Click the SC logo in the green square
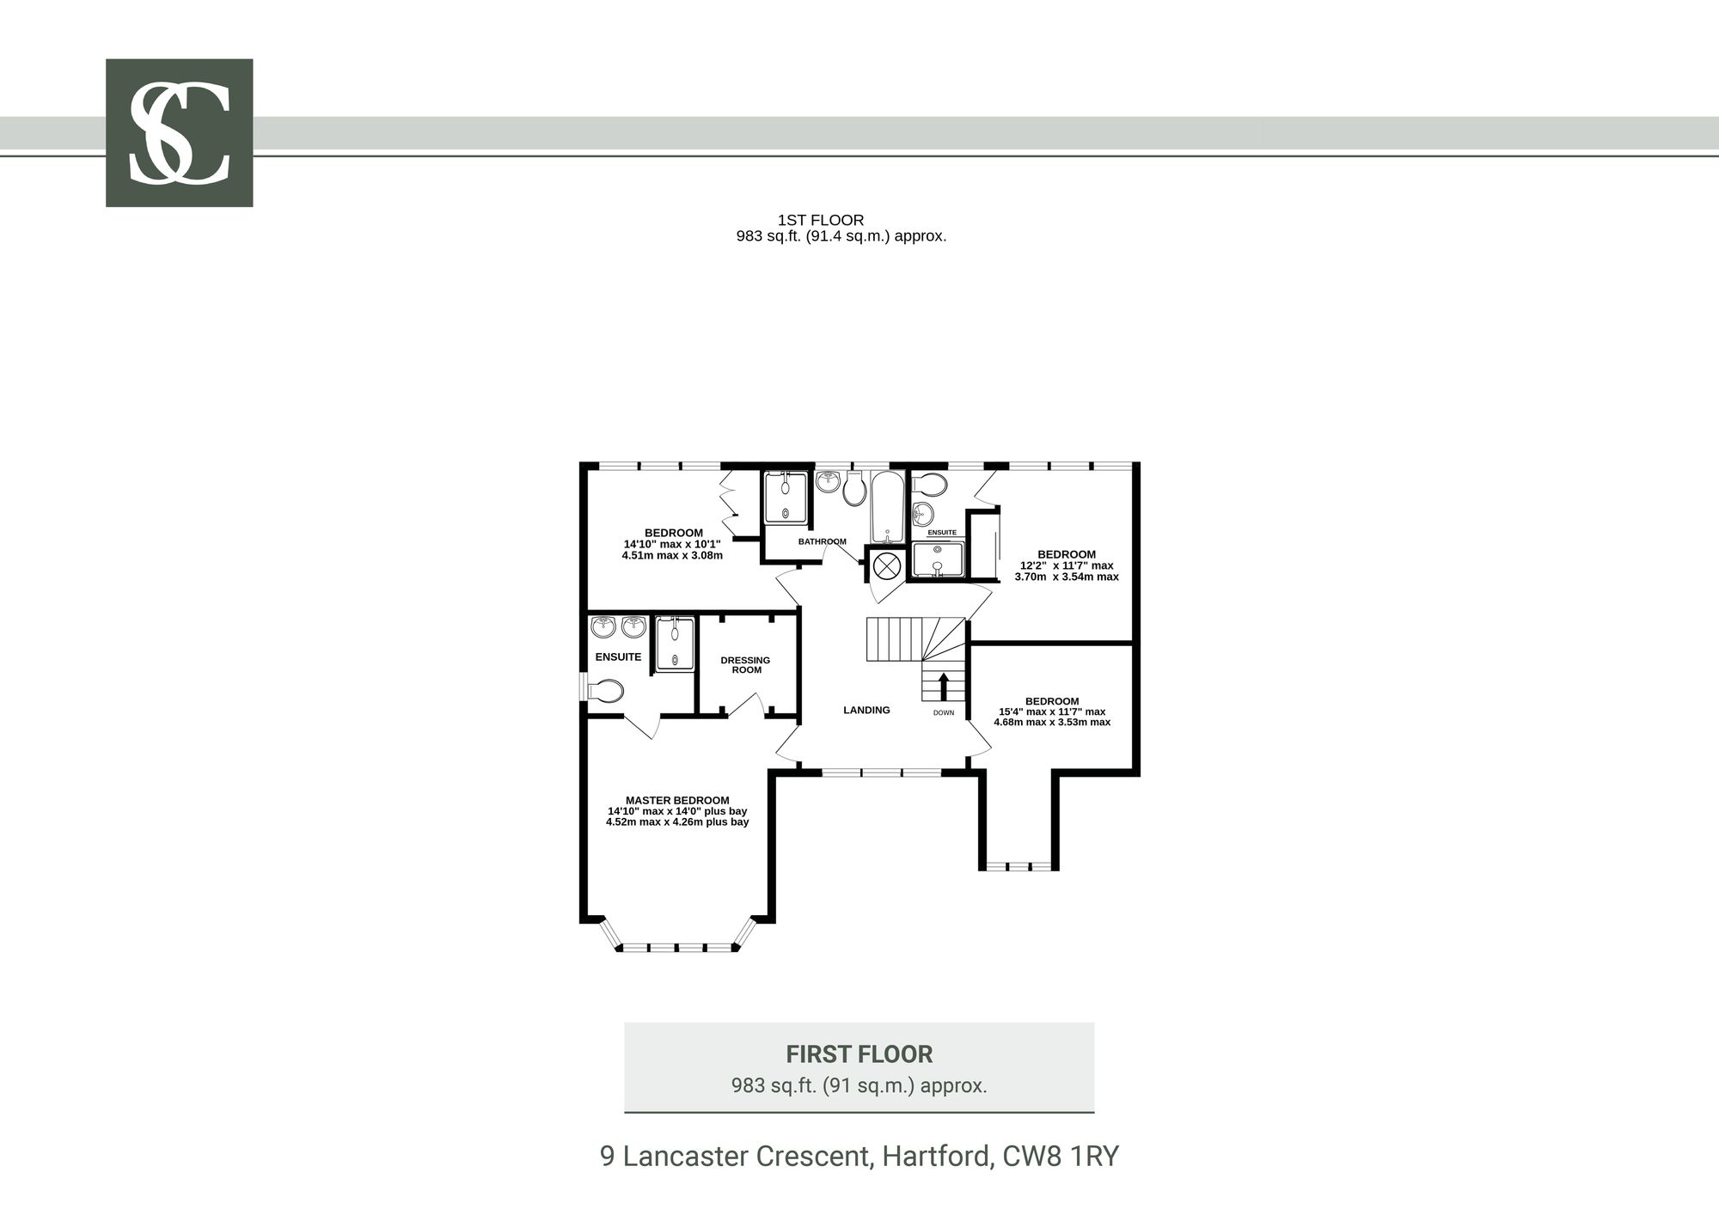179,132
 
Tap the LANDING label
866,710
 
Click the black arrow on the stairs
943,687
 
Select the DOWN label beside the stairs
944,712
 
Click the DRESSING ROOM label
745,665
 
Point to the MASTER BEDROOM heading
677,800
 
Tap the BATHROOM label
823,541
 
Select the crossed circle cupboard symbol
886,565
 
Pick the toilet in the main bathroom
854,488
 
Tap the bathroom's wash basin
828,481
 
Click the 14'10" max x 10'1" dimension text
672,544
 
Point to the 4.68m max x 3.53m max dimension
1052,722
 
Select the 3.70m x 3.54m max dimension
1067,577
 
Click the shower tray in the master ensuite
675,643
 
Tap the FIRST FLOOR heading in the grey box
859,1053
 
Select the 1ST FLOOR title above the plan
821,220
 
